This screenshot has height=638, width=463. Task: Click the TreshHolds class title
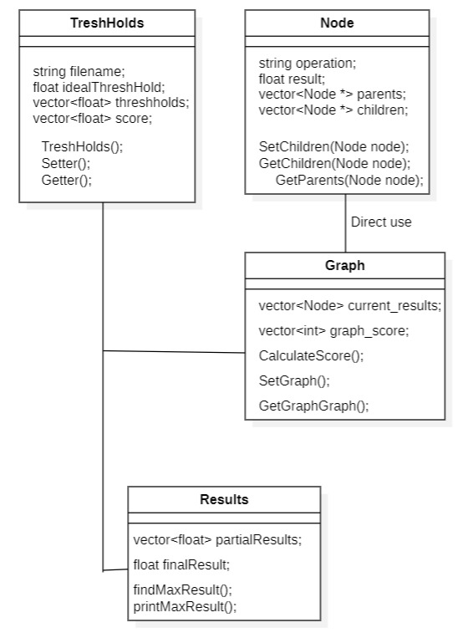[107, 23]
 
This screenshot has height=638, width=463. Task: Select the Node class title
[337, 23]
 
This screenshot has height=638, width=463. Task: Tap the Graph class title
[344, 266]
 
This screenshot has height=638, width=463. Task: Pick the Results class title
[224, 500]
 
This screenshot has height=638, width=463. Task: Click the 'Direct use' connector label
[381, 222]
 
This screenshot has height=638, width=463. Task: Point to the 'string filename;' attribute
[79, 72]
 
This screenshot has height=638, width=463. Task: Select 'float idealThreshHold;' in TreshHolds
[99, 87]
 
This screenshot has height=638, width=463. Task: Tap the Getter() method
[66, 179]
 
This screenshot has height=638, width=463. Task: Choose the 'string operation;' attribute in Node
[307, 63]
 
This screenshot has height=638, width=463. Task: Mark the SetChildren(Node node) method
[333, 146]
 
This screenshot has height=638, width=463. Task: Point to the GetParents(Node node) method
[349, 179]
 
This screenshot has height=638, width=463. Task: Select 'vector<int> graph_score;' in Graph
[333, 330]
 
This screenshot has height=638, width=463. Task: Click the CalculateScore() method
[311, 355]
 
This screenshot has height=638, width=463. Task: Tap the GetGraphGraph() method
[313, 406]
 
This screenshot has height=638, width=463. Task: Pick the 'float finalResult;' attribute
[181, 564]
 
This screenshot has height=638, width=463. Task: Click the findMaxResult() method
[182, 590]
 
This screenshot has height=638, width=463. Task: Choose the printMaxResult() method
[185, 605]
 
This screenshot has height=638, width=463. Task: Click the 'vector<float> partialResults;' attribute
[217, 539]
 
